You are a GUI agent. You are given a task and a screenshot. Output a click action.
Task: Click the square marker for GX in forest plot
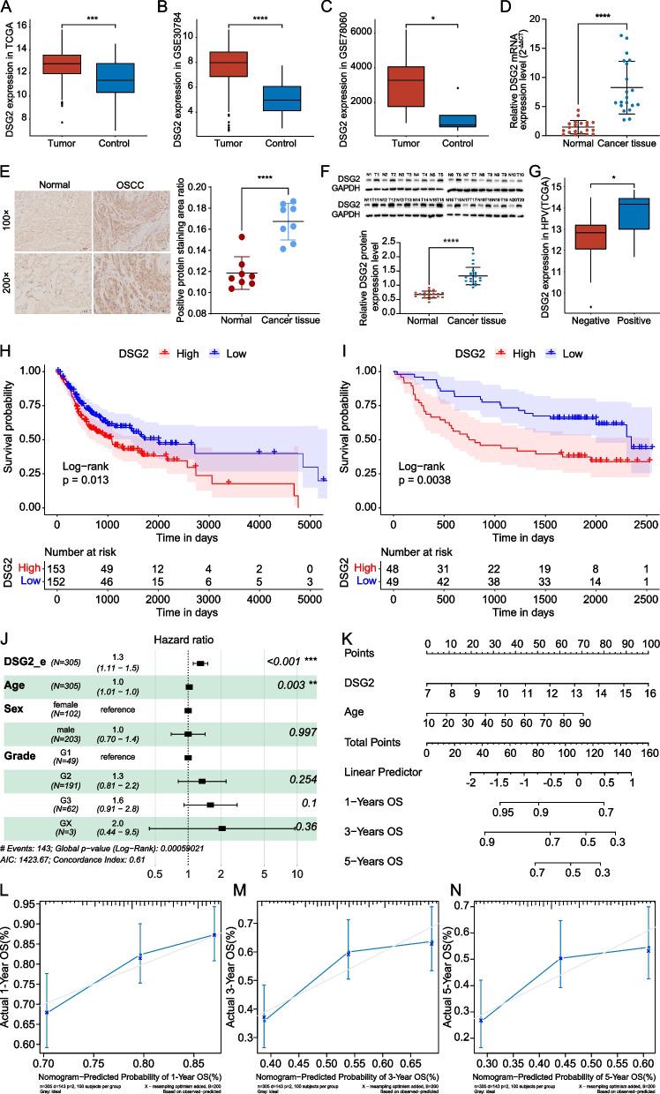[x=221, y=878]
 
